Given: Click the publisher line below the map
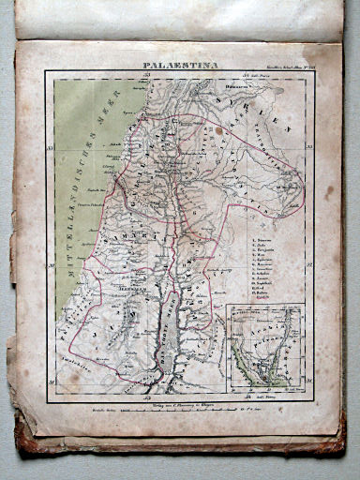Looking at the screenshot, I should pyautogui.click(x=178, y=405).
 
